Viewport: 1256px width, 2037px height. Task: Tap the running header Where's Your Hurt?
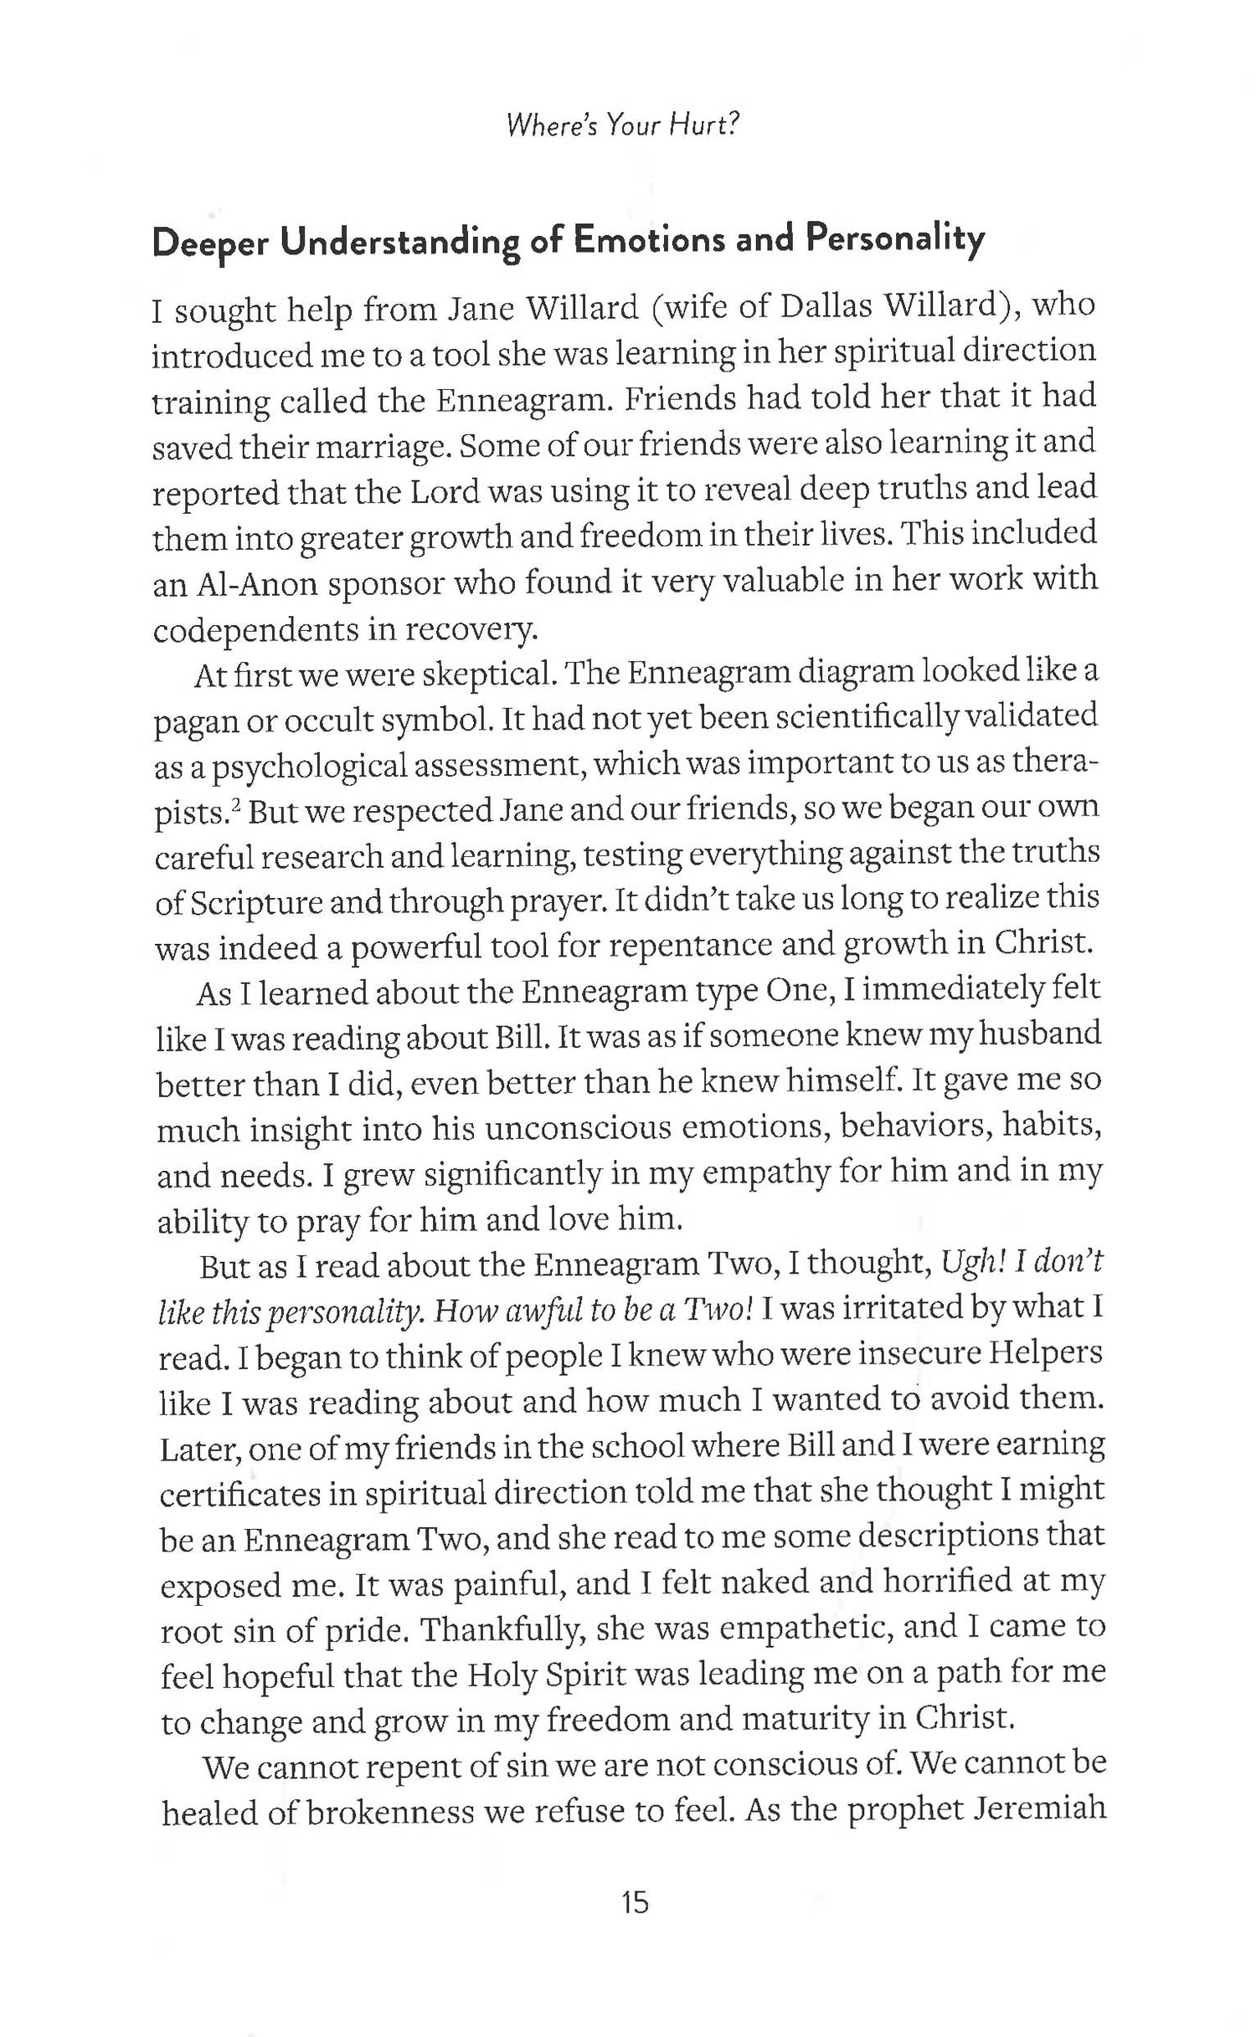[624, 126]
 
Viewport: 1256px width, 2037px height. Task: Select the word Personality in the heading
[895, 240]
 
